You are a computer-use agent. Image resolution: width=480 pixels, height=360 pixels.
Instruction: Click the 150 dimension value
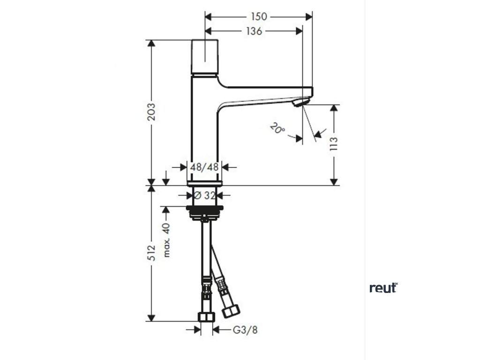(258, 17)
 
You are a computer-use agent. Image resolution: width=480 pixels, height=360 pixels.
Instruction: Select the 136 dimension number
(253, 31)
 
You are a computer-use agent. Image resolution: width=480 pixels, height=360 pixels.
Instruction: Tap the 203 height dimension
(151, 112)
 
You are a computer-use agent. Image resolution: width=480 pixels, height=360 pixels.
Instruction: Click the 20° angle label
(277, 128)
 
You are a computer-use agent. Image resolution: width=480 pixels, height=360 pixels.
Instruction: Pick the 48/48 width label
(205, 166)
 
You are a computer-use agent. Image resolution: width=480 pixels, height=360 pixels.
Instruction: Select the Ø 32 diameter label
(204, 195)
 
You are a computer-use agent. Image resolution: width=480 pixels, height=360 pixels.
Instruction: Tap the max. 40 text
(166, 240)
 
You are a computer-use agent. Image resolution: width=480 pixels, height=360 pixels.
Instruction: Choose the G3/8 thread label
(245, 330)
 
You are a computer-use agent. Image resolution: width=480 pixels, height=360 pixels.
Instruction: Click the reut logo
(383, 287)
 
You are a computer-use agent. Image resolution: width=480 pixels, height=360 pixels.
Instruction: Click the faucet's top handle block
(205, 56)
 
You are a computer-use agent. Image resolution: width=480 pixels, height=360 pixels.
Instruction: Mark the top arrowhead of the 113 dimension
(334, 109)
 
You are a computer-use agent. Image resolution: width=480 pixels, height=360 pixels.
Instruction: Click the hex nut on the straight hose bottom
(205, 317)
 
